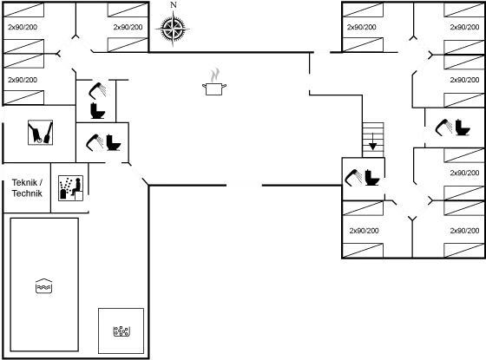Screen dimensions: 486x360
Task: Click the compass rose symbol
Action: [173, 29]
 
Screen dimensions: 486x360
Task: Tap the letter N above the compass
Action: [174, 5]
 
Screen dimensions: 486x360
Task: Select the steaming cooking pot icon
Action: [214, 82]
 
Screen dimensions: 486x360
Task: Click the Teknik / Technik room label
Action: [27, 187]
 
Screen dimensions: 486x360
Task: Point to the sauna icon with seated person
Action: [70, 188]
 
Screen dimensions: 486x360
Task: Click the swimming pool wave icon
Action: [43, 285]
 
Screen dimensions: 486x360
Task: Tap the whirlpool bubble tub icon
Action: [121, 331]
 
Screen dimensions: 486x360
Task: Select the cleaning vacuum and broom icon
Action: [40, 132]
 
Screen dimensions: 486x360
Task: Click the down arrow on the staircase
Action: [373, 142]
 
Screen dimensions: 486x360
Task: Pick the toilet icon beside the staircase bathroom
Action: [372, 178]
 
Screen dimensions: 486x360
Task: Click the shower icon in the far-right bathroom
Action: [443, 128]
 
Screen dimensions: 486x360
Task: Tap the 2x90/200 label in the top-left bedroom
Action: [23, 27]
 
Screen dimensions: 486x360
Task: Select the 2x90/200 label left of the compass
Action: [128, 27]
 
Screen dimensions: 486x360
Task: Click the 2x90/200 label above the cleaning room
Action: [23, 80]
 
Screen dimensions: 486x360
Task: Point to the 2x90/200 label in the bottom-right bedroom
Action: [464, 231]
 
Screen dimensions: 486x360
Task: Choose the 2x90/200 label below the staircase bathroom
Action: [364, 231]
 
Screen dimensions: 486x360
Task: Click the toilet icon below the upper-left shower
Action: [97, 111]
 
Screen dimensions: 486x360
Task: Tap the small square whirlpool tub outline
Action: [121, 331]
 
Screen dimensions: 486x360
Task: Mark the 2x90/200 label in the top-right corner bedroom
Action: [464, 27]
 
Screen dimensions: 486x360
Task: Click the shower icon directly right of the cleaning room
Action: [95, 142]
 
